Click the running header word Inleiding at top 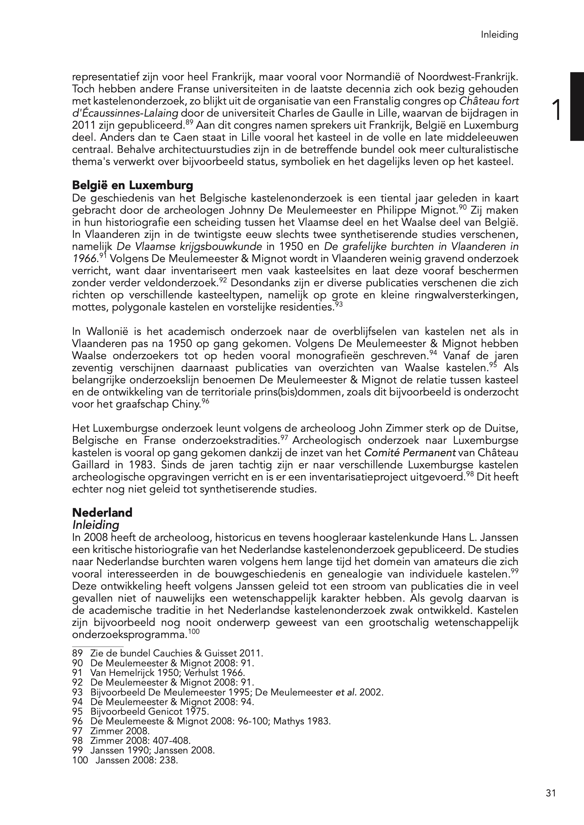click(x=500, y=35)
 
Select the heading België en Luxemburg click(x=132, y=185)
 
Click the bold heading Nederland click(x=102, y=512)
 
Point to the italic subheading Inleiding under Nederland click(x=96, y=525)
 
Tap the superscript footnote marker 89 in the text click(x=190, y=123)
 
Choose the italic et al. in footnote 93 click(x=346, y=692)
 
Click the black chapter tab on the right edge click(x=577, y=106)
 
